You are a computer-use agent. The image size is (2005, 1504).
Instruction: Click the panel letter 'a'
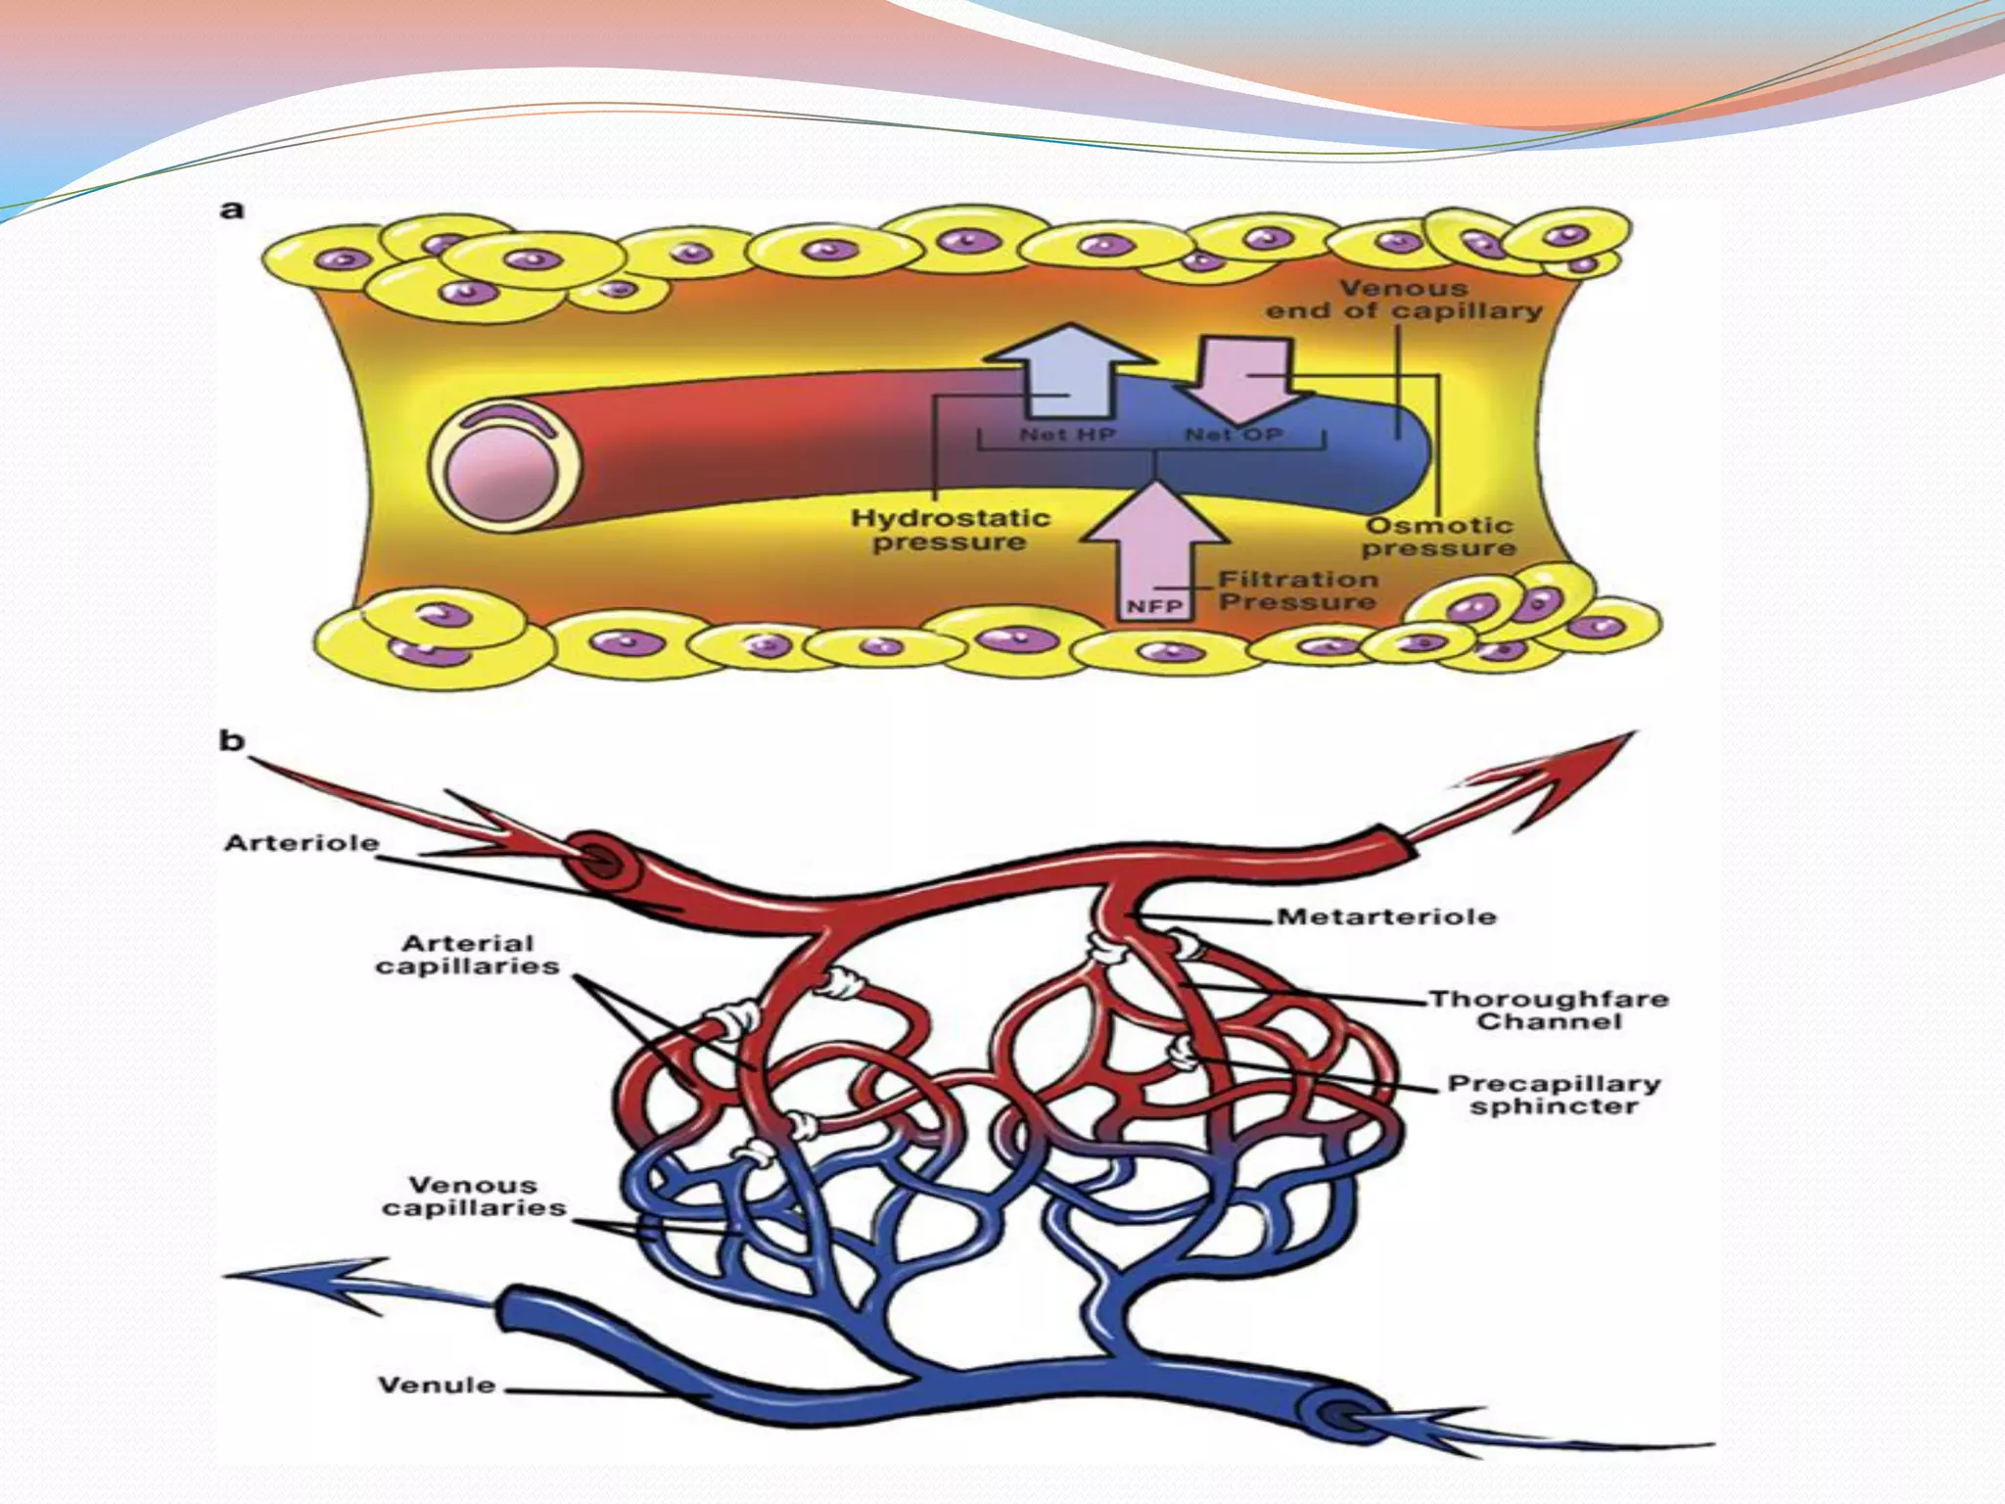pyautogui.click(x=232, y=210)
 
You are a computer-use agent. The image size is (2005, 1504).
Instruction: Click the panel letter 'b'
pyautogui.click(x=231, y=740)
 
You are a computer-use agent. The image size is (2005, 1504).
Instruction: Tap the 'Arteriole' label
pyautogui.click(x=301, y=843)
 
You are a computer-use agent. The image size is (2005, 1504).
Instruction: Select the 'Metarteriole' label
pyautogui.click(x=1386, y=917)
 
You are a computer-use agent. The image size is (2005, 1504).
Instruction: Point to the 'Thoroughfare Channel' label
pyautogui.click(x=1549, y=1010)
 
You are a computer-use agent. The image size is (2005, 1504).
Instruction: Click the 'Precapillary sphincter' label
pyautogui.click(x=1554, y=1096)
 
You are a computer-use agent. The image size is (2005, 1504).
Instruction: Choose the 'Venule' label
pyautogui.click(x=437, y=1385)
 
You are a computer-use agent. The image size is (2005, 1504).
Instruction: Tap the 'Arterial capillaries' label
pyautogui.click(x=468, y=955)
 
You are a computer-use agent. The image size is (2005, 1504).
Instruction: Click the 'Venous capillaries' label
pyautogui.click(x=474, y=1197)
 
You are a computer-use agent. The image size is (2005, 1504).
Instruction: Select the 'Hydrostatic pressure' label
pyautogui.click(x=950, y=530)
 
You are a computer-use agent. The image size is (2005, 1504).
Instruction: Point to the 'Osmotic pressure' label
pyautogui.click(x=1438, y=537)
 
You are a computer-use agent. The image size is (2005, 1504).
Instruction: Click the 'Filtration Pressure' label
pyautogui.click(x=1298, y=590)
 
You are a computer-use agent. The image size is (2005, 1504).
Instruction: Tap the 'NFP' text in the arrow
pyautogui.click(x=1154, y=607)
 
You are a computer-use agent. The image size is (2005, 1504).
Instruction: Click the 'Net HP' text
pyautogui.click(x=1067, y=434)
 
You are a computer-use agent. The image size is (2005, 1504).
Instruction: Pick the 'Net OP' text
pyautogui.click(x=1234, y=434)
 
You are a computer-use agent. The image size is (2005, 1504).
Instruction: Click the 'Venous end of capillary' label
pyautogui.click(x=1404, y=300)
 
